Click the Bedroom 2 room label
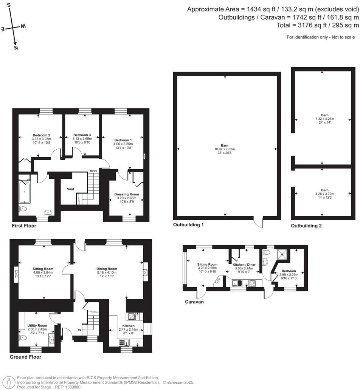[41, 135]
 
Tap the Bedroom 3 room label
[82, 135]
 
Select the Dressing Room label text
[127, 194]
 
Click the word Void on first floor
[70, 189]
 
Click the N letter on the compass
[16, 48]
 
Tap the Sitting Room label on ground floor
[43, 269]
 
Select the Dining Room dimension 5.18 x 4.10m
[107, 272]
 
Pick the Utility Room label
[37, 325]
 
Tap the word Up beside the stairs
[80, 330]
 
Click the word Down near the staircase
[93, 171]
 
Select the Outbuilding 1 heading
[188, 225]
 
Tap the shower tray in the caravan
[284, 254]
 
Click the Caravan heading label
[194, 302]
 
